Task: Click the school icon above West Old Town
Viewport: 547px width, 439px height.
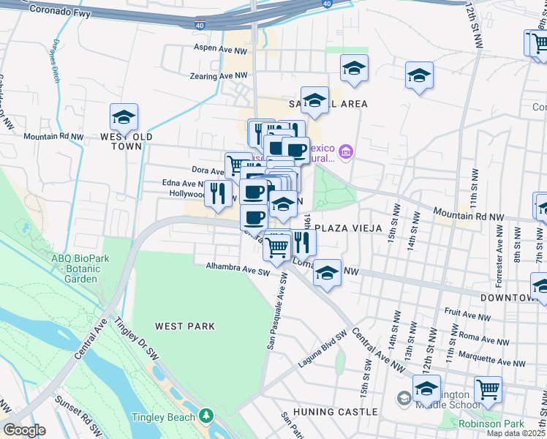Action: (124, 117)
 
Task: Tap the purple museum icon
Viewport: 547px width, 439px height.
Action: (347, 152)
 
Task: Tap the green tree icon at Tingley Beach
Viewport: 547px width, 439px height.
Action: (207, 416)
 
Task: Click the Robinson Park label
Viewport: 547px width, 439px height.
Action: (491, 424)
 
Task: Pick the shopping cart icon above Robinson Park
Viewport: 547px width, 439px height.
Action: (488, 390)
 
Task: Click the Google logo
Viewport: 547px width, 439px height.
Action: (24, 430)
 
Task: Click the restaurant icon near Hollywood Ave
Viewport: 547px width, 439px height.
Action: (217, 193)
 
